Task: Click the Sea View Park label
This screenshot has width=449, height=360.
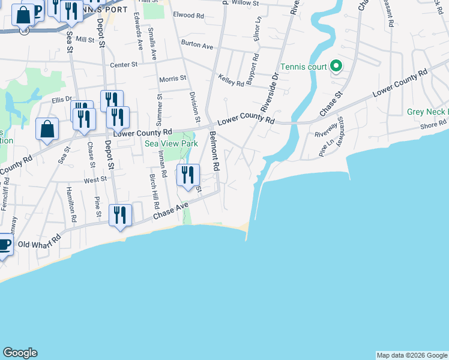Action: click(171, 144)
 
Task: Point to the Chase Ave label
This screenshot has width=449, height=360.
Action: click(171, 210)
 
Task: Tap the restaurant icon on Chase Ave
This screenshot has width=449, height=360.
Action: click(120, 215)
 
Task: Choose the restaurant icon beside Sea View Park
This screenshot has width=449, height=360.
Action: click(188, 175)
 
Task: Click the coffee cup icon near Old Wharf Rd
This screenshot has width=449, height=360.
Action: click(4, 245)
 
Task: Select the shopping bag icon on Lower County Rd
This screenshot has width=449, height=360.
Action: click(47, 129)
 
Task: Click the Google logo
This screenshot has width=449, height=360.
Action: click(20, 353)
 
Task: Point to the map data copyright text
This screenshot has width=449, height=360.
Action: click(411, 355)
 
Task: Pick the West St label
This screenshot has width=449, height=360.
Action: click(95, 179)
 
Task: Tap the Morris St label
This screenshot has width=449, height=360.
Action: click(172, 79)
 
